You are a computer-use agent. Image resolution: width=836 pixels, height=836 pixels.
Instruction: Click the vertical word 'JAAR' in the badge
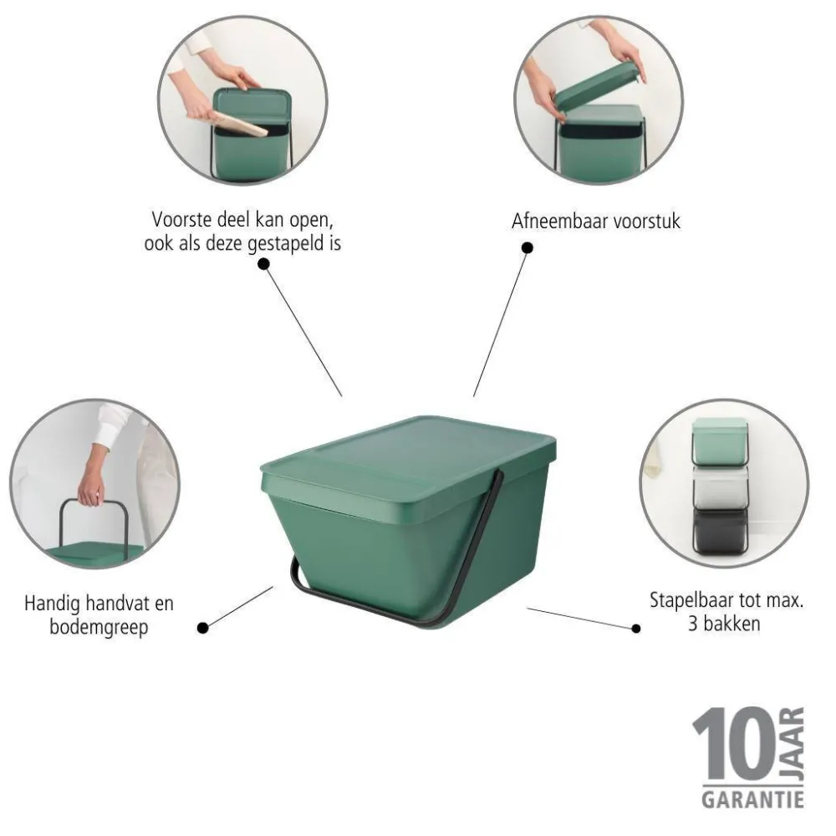point(793,744)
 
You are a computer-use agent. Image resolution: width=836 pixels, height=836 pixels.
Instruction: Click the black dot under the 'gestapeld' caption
point(263,263)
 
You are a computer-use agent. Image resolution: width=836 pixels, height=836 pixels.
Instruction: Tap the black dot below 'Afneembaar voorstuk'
point(527,247)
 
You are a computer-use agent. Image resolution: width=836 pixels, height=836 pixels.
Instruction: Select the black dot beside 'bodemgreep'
point(201,627)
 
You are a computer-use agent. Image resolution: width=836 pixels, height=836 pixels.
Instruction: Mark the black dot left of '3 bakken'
point(636,628)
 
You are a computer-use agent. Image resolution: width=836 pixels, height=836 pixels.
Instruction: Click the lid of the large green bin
point(410,456)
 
